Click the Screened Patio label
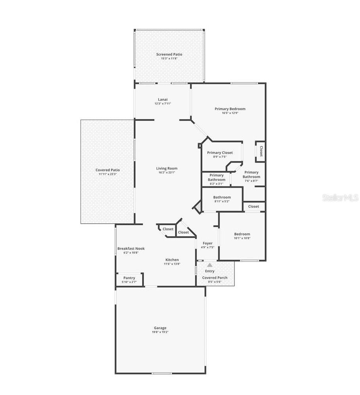[x=169, y=55]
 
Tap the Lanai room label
[x=163, y=99]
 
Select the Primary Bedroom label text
[x=230, y=109]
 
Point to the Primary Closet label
[x=220, y=152]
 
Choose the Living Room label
[x=166, y=168]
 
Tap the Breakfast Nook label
[x=131, y=249]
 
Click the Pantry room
[x=129, y=278]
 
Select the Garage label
[x=160, y=328]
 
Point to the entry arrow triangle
[x=210, y=265]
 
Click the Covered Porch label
[x=215, y=278]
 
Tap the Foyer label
[x=208, y=243]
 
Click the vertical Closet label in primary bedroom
[x=261, y=151]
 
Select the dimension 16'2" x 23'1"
[x=166, y=173]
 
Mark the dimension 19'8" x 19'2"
[x=160, y=332]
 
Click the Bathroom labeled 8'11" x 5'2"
[x=222, y=197]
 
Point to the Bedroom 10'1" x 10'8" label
[x=242, y=234]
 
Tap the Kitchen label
[x=172, y=260]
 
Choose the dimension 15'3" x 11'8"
[x=169, y=59]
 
